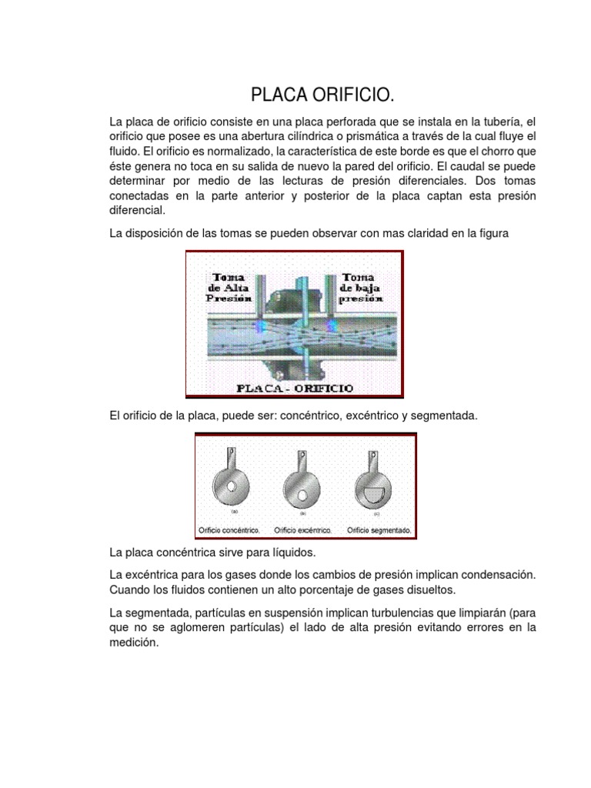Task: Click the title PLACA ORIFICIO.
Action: click(x=322, y=95)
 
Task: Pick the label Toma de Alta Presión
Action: click(x=224, y=287)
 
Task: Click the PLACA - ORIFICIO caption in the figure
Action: click(x=295, y=389)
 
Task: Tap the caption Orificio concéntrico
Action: click(x=229, y=530)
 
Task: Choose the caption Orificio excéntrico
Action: click(x=302, y=530)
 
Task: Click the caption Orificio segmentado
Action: click(x=379, y=530)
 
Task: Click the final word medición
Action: click(x=134, y=643)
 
